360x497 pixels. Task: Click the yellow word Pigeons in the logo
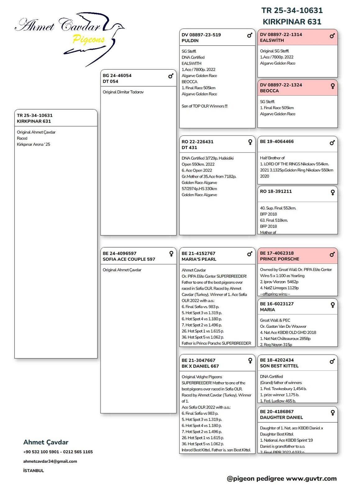tap(89, 39)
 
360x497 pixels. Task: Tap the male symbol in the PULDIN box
tap(249, 35)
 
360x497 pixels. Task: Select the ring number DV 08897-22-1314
tap(281, 34)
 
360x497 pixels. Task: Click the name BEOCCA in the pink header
tap(269, 91)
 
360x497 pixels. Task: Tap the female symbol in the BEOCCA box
tap(332, 86)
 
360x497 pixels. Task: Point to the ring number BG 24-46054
tap(117, 75)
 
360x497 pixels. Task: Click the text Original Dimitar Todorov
tap(123, 92)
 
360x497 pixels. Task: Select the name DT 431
tap(189, 148)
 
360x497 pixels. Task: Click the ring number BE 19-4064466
tap(277, 141)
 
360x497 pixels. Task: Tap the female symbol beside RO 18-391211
tap(332, 193)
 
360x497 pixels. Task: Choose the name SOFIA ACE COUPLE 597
tap(129, 259)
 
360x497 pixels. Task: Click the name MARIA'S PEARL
tap(199, 259)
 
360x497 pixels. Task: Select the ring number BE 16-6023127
tap(277, 304)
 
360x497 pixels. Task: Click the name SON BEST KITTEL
tap(279, 366)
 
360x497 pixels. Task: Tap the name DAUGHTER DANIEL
tap(281, 417)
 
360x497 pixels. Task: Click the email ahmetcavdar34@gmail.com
tap(50, 461)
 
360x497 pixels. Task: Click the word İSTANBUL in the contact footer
tap(34, 471)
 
